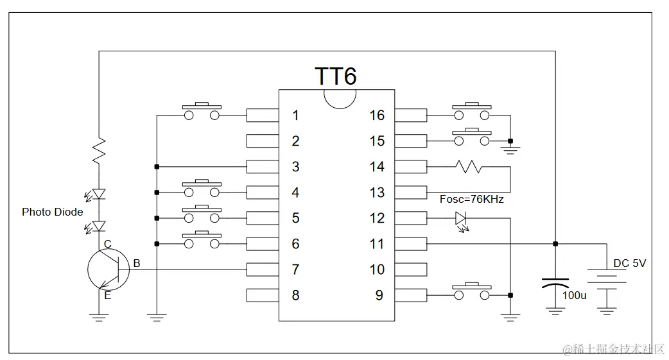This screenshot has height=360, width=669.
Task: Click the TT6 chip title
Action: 335,76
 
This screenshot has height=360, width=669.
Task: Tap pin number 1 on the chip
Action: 295,115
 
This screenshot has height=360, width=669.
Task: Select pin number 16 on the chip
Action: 377,115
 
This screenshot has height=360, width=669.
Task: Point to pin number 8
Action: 295,295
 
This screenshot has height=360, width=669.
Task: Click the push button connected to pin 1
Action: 202,111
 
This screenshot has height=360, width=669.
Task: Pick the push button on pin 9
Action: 471,291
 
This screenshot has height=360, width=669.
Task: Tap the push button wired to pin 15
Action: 471,137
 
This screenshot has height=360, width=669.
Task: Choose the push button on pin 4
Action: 202,188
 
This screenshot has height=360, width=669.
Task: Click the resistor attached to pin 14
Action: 469,167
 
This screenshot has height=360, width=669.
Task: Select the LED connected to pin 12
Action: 462,221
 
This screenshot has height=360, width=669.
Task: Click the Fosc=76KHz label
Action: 471,199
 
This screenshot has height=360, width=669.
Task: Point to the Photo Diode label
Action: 53,212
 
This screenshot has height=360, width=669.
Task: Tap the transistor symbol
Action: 109,270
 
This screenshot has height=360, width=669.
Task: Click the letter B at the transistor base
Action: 137,263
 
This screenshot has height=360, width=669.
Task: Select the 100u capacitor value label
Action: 574,295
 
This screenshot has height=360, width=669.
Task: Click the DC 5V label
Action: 630,263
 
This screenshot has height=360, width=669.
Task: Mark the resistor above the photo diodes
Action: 99,150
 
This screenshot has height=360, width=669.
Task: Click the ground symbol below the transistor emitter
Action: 99,318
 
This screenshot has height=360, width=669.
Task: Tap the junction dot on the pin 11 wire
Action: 555,244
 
